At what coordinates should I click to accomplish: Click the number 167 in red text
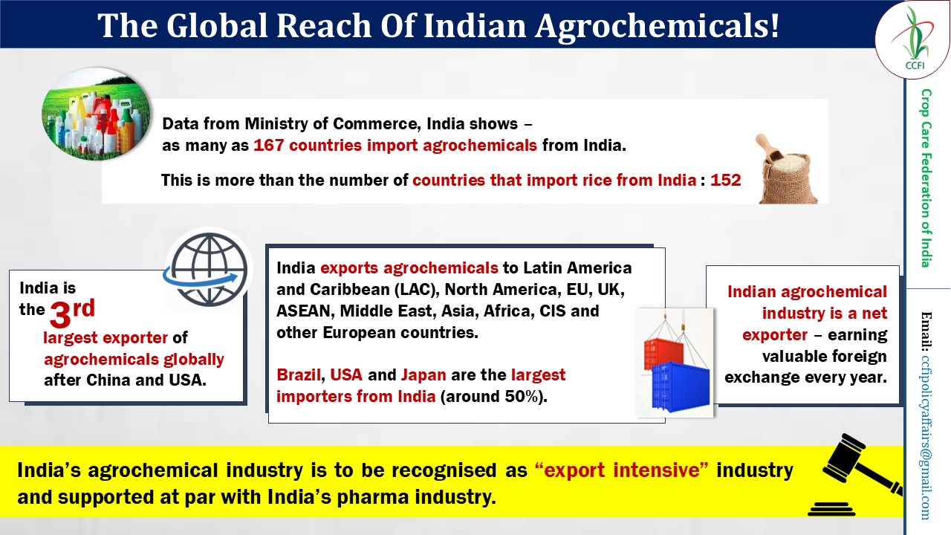click(268, 146)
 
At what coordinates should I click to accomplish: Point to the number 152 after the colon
click(726, 180)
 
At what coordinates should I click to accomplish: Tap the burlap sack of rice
click(787, 170)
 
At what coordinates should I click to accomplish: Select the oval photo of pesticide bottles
click(96, 114)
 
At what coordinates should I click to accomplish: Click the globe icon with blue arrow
click(207, 270)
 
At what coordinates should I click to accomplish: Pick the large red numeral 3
click(60, 314)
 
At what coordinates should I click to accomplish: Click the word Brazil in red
click(299, 375)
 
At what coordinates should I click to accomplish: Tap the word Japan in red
click(423, 375)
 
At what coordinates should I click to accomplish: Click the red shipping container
click(663, 353)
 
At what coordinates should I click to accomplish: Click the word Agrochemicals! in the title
click(657, 25)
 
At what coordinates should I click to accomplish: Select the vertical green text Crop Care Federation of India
click(926, 178)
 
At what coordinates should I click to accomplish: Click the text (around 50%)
click(494, 397)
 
